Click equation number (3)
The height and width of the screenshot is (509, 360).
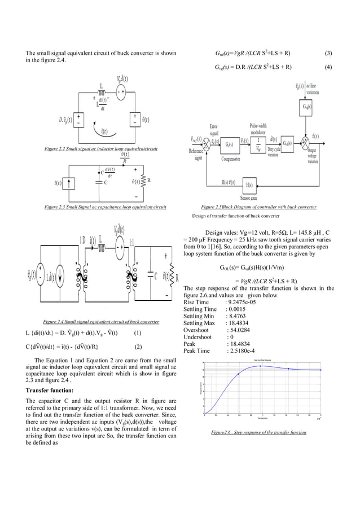(x=329, y=54)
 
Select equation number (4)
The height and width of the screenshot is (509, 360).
(x=329, y=67)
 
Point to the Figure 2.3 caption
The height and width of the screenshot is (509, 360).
(x=106, y=207)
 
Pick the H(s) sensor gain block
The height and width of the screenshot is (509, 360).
(x=249, y=185)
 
